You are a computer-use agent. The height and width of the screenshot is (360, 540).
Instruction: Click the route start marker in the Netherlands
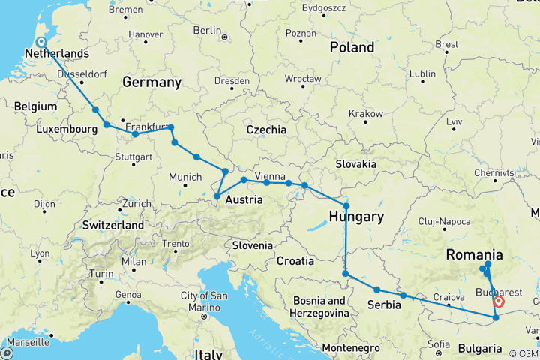[40, 43]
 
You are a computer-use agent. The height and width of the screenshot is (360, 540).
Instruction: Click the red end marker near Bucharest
[498, 301]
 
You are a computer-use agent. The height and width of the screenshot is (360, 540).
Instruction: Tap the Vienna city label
[270, 176]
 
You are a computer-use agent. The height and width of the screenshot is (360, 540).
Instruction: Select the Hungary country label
[356, 217]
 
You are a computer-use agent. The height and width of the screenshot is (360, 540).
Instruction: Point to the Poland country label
[352, 47]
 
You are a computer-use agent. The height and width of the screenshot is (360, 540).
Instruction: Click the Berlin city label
[207, 30]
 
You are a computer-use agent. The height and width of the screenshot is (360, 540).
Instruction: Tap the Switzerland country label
[113, 225]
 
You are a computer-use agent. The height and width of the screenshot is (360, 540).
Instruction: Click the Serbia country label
[388, 304]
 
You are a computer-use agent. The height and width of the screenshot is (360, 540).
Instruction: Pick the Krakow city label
[364, 113]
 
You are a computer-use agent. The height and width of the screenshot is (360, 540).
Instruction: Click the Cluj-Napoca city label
[445, 221]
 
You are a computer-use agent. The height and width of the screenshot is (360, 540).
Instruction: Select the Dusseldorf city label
[78, 73]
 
